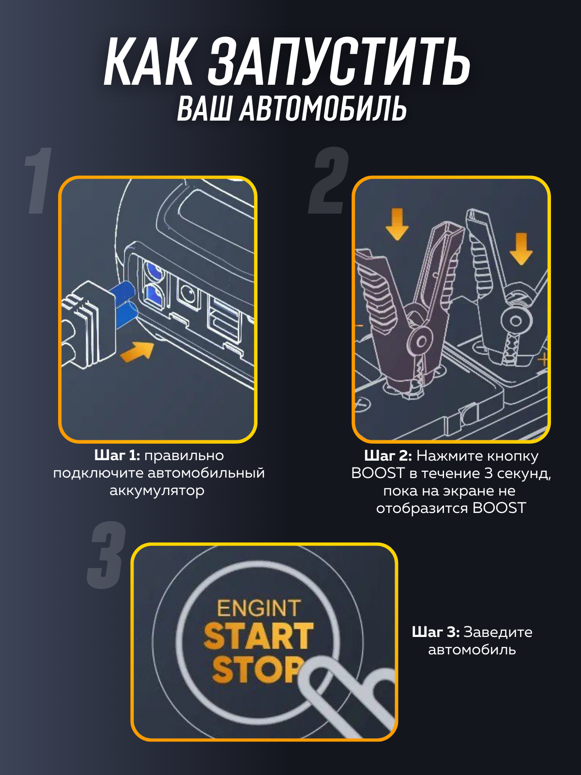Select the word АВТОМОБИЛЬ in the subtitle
pos(323,108)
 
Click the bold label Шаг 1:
pos(117,456)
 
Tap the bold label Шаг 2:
pos(388,456)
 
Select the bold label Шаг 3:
pos(435,632)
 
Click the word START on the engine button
pos(259,636)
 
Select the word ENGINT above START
pos(259,608)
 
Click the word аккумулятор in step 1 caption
pos(157,491)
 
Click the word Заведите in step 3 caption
pos(498,632)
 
